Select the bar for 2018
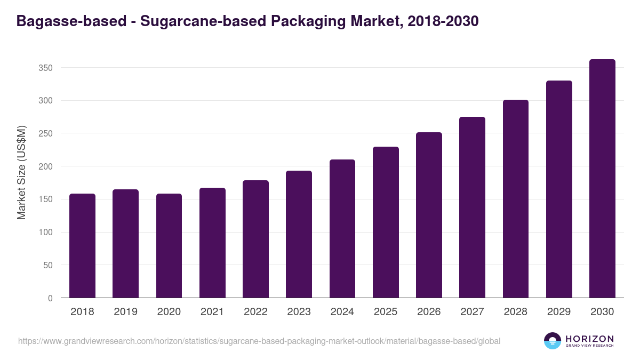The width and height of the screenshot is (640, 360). (x=82, y=246)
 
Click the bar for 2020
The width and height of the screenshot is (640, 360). (x=169, y=246)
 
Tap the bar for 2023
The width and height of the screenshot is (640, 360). (x=299, y=234)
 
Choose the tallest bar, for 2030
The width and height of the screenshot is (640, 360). (x=602, y=179)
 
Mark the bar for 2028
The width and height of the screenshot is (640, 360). (x=516, y=199)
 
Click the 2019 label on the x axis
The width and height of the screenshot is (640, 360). (x=125, y=312)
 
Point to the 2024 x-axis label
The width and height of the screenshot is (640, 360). (x=342, y=312)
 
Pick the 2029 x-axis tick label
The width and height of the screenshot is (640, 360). (x=559, y=312)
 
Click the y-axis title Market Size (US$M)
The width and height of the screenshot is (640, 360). (x=21, y=172)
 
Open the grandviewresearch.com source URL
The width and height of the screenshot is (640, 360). (x=259, y=341)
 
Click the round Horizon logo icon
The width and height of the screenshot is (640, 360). (x=553, y=341)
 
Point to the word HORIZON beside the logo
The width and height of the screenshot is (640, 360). (x=589, y=339)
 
